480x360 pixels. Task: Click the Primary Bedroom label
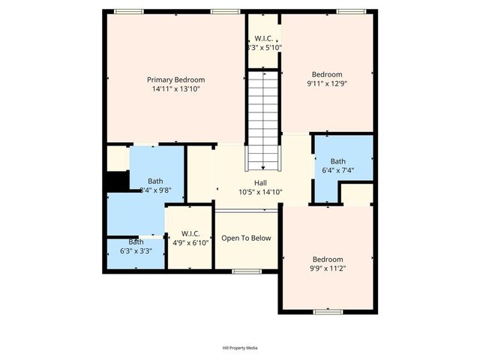pos(175,79)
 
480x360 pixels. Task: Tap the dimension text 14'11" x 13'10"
pos(175,88)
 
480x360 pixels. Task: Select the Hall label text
pos(260,183)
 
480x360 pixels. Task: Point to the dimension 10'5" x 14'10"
pos(260,192)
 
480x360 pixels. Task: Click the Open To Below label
pos(246,238)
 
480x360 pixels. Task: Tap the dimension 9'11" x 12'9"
pos(327,84)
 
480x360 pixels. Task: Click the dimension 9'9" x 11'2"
pos(328,268)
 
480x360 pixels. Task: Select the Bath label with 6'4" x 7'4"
pos(338,161)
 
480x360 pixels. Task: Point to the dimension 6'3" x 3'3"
pos(136,251)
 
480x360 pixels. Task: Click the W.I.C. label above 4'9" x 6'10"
pos(187,234)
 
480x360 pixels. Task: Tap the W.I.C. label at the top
pos(264,38)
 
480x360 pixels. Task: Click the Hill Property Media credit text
pos(240,348)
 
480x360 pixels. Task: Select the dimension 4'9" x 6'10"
pos(187,243)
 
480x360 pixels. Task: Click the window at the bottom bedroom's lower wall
pos(328,310)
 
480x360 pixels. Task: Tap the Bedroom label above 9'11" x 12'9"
pos(327,74)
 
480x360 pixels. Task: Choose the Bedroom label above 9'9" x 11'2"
pos(328,259)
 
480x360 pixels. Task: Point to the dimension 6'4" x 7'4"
pos(338,170)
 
